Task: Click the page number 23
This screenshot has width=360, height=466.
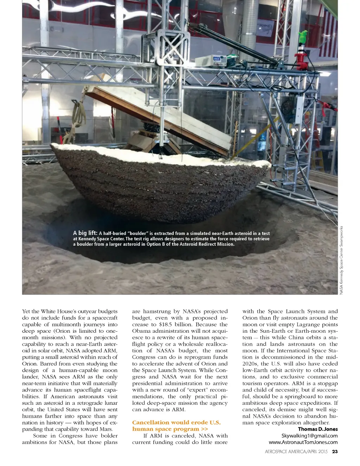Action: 335,451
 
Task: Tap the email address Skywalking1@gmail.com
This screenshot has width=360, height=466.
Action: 309,436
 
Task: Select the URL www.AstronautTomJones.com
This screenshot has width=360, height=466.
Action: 303,442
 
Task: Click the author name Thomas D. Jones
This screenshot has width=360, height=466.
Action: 318,429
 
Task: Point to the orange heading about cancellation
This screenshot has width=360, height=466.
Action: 176,426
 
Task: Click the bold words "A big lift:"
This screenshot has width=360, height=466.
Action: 85,233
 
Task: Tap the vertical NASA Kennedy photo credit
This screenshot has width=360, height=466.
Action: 341,260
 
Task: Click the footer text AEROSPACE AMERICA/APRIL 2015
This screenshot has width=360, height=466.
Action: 296,451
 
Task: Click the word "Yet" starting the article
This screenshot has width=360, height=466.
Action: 26,311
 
